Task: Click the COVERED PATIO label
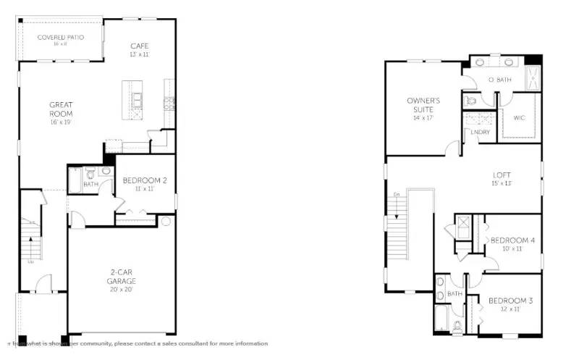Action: point(61,36)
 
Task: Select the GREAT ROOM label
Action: point(61,109)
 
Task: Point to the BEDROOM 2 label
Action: point(145,180)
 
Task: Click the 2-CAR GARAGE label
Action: point(122,277)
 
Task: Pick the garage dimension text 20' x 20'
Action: point(122,290)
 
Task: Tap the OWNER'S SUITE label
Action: point(423,105)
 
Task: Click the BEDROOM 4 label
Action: point(512,240)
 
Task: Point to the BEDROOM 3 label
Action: point(510,301)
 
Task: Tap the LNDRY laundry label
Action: point(480,132)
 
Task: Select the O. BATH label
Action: point(500,80)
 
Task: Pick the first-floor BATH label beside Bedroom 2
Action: point(90,184)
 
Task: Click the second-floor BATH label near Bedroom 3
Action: point(455,294)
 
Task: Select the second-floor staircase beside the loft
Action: point(398,232)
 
